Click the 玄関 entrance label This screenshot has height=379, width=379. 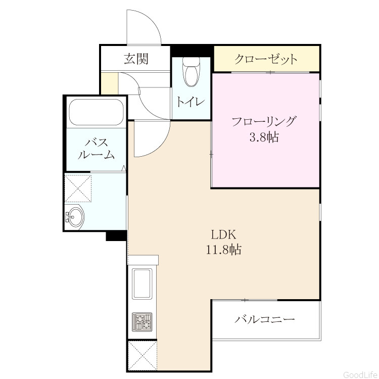click(136, 59)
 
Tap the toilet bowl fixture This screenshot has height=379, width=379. click(191, 72)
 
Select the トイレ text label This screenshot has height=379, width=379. click(191, 102)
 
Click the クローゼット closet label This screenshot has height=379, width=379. click(266, 59)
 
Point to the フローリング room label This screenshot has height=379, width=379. click(264, 121)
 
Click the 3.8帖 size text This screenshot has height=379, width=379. click(264, 137)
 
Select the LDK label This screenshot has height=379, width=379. click(223, 234)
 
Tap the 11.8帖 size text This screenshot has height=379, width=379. click(223, 250)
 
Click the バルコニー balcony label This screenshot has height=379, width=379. click(265, 319)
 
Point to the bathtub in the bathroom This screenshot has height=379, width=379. click(96, 112)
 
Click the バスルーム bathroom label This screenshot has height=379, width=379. click(96, 149)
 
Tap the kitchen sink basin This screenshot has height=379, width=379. click(142, 283)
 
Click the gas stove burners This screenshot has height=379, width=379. click(142, 322)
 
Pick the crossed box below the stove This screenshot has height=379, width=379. click(142, 355)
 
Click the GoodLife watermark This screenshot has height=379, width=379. click(360, 375)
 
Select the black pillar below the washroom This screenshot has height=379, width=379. click(117, 235)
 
